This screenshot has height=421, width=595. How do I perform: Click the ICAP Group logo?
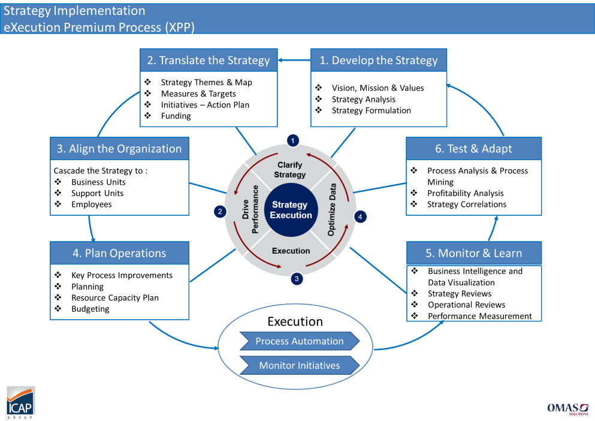(20, 402)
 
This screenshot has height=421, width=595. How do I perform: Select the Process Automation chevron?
(300, 341)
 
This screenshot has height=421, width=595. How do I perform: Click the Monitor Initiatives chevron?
(300, 365)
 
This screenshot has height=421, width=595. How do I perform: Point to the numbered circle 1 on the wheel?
(293, 140)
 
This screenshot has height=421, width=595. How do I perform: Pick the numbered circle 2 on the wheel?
(221, 211)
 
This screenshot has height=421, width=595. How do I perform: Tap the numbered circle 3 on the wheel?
(297, 278)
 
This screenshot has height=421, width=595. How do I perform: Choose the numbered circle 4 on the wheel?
(360, 217)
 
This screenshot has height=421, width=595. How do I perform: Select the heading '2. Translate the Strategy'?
(209, 61)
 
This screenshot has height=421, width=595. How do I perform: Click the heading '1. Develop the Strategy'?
(379, 61)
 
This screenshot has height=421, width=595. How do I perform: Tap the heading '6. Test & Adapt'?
(473, 149)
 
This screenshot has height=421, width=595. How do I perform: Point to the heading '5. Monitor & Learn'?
(474, 253)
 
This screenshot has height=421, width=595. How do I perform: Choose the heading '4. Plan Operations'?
(119, 253)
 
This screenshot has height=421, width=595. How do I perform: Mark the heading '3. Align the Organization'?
(119, 149)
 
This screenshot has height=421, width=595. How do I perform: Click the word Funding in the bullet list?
(176, 116)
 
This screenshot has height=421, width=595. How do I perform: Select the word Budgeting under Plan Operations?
(90, 309)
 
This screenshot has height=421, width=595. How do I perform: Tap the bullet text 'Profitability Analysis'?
(465, 193)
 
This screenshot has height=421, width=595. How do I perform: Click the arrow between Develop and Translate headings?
(294, 60)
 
